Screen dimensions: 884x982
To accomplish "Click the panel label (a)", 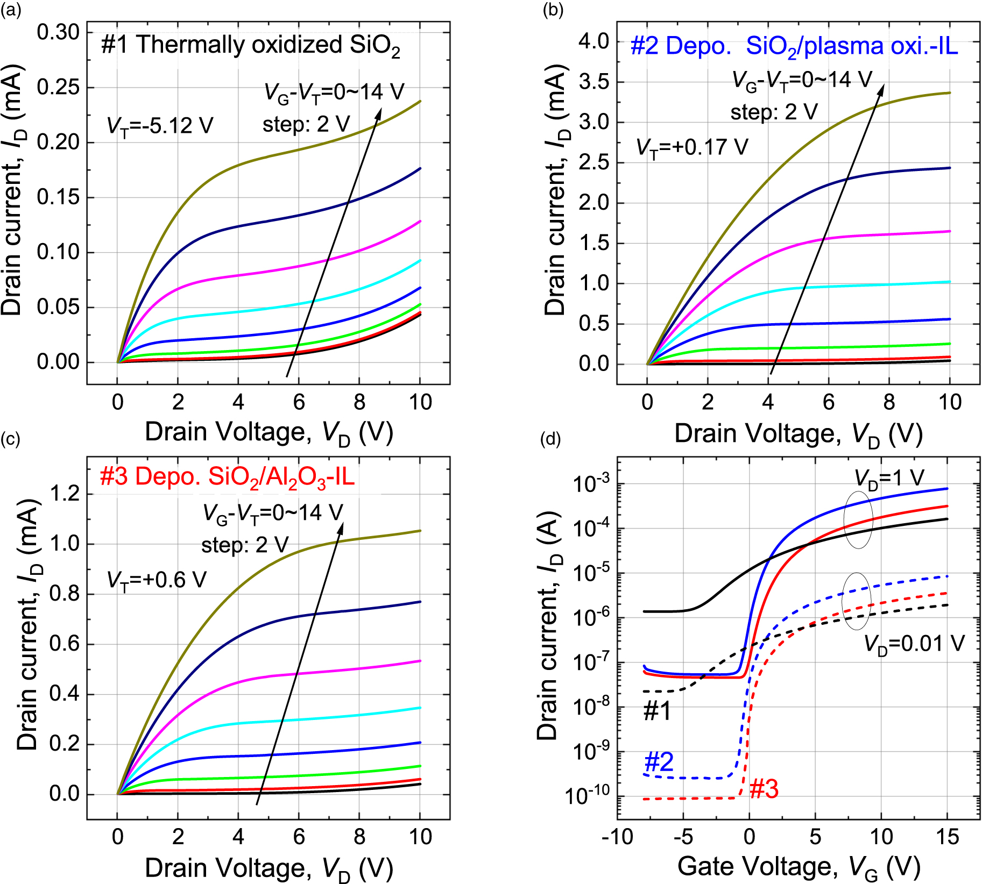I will [x=10, y=10].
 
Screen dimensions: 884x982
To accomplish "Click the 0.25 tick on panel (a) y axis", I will [x=58, y=87].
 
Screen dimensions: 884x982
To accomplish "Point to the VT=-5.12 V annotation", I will [x=160, y=126].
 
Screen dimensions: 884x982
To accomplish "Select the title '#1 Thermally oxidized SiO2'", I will [x=250, y=46].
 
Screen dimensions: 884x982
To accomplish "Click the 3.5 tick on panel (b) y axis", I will [x=594, y=82].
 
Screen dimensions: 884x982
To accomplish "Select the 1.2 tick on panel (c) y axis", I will [x=65, y=494].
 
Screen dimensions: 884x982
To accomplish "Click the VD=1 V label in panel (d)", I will [x=889, y=478].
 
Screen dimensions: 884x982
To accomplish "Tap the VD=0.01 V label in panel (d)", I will [x=914, y=644].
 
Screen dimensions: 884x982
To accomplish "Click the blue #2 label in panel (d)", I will [x=659, y=762].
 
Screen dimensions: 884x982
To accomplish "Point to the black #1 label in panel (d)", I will [x=658, y=711].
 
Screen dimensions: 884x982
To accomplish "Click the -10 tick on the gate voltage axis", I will [x=617, y=837].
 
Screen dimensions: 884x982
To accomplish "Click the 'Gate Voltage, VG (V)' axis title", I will [x=799, y=867].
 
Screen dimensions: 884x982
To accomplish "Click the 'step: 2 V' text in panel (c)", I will [x=245, y=545].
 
